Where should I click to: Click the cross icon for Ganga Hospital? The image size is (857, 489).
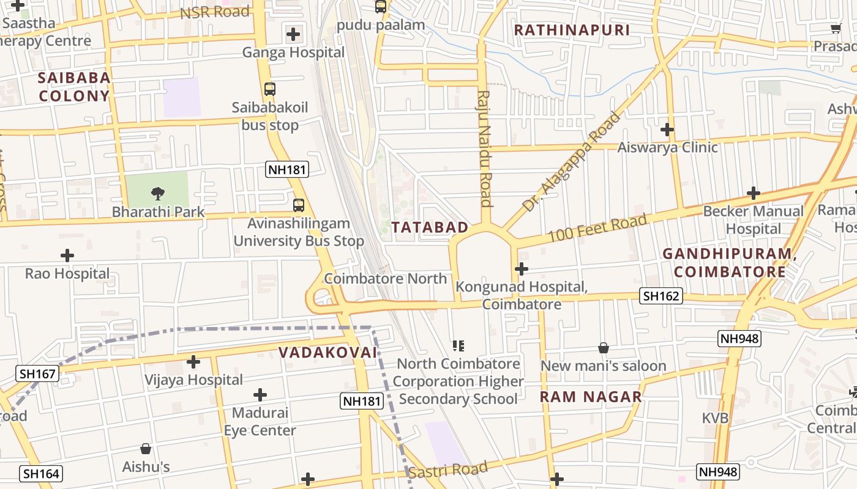294,34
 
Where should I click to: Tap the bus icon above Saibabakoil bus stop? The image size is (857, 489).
270,89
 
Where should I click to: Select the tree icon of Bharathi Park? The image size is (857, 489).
158,194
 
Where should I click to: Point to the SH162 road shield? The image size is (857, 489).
661,296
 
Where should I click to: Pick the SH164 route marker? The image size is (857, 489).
42,474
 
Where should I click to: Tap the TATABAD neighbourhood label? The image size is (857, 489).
430,227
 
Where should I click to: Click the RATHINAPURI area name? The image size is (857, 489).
572,30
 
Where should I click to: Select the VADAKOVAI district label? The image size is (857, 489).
328,352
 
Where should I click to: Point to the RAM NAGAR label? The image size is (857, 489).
591,397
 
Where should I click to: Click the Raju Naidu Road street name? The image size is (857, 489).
485,149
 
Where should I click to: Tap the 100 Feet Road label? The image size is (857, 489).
597,227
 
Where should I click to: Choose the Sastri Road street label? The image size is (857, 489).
448,470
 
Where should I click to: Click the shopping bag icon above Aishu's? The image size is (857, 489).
146,449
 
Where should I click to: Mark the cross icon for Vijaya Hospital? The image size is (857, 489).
193,362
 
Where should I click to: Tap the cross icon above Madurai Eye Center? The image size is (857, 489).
260,395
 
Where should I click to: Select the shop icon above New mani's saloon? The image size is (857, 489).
604,348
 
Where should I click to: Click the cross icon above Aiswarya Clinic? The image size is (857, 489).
667,130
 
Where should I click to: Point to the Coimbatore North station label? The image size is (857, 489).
386,279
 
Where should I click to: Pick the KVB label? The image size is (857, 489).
715,418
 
